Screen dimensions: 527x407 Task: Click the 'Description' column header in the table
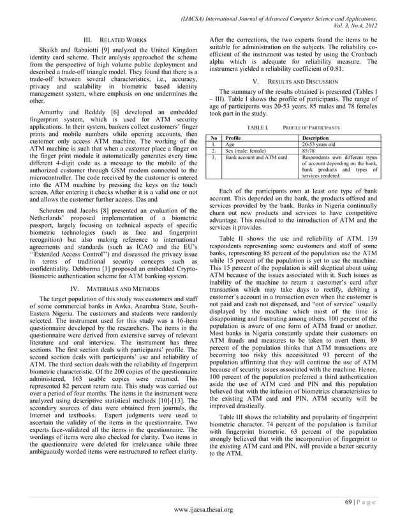click(x=316, y=137)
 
